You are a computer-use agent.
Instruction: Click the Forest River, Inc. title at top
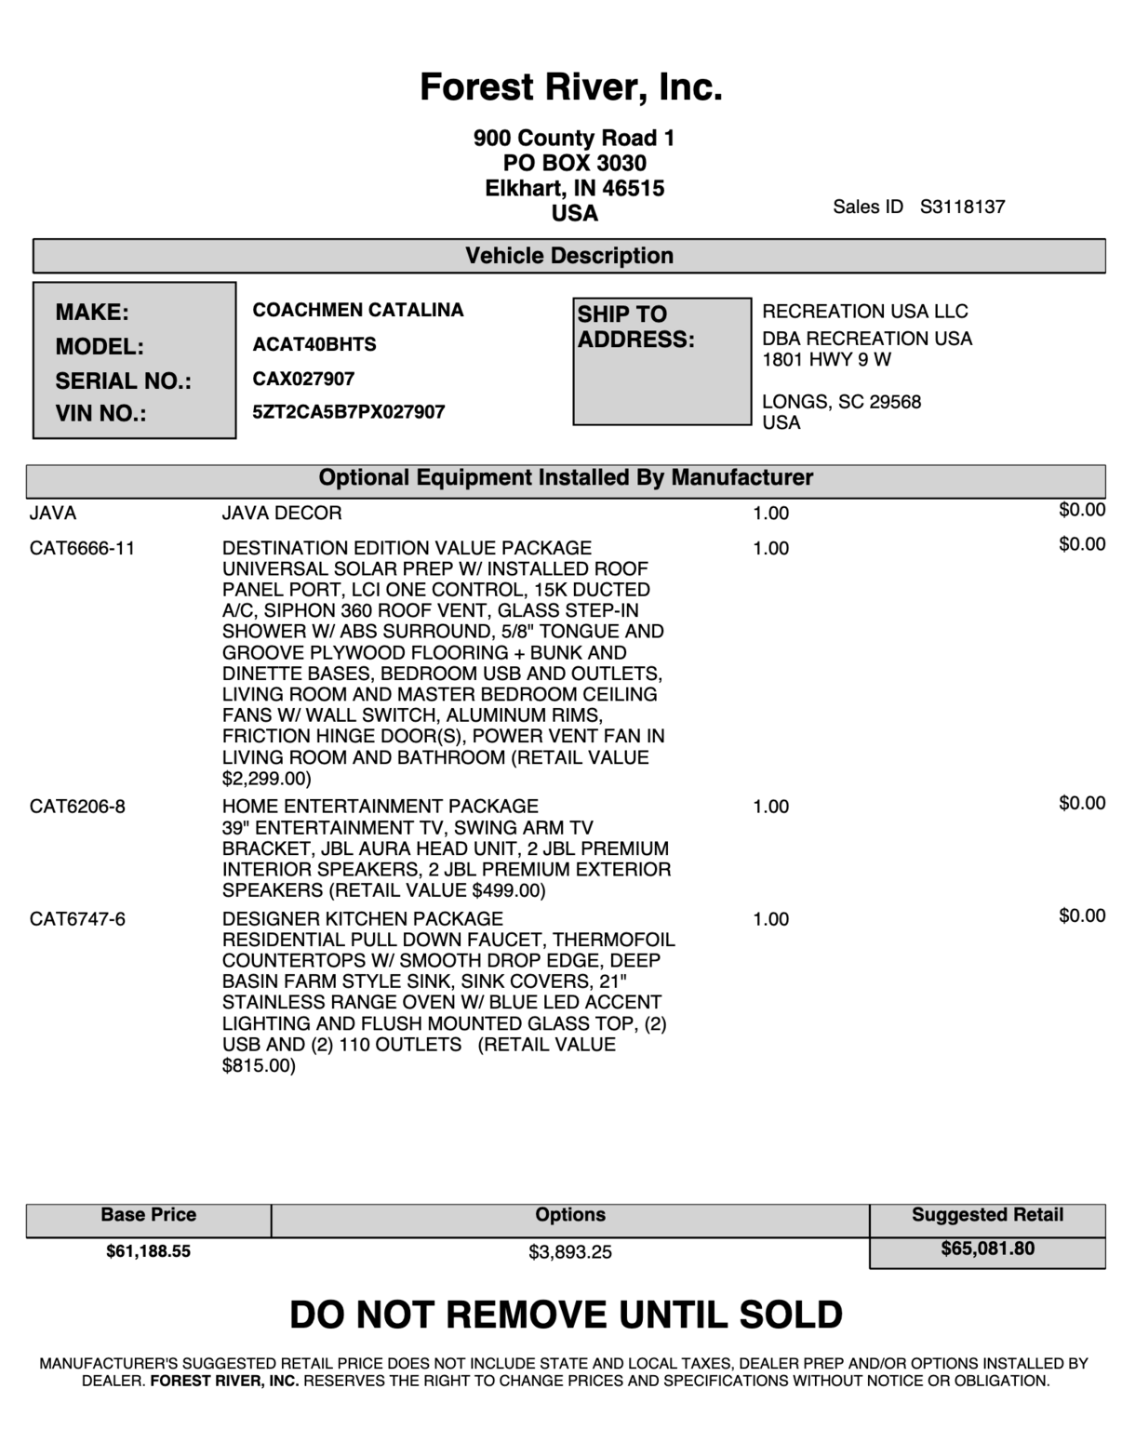click(570, 87)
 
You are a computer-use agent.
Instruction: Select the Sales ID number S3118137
click(962, 207)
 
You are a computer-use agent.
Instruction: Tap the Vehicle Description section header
click(568, 256)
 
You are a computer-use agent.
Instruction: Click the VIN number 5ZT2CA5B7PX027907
click(348, 411)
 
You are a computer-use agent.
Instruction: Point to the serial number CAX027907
click(303, 379)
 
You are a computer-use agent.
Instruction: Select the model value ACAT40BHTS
click(314, 344)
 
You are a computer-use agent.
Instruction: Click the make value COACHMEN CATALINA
click(357, 310)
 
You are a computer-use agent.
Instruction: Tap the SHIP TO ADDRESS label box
click(661, 361)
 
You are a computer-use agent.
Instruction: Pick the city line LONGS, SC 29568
click(841, 402)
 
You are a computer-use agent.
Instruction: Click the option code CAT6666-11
click(82, 548)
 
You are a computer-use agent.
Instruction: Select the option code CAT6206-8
click(77, 807)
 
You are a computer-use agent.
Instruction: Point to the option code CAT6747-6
click(77, 919)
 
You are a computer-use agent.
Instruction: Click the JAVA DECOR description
click(281, 513)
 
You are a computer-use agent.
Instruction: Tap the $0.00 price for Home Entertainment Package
click(1081, 803)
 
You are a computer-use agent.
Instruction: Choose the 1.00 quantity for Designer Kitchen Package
click(770, 919)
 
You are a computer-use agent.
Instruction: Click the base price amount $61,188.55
click(148, 1251)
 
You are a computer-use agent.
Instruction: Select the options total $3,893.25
click(569, 1252)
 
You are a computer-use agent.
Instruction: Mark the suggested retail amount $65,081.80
click(987, 1249)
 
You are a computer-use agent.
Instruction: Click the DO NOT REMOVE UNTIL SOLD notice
click(566, 1315)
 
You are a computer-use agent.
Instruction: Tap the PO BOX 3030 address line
click(574, 163)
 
